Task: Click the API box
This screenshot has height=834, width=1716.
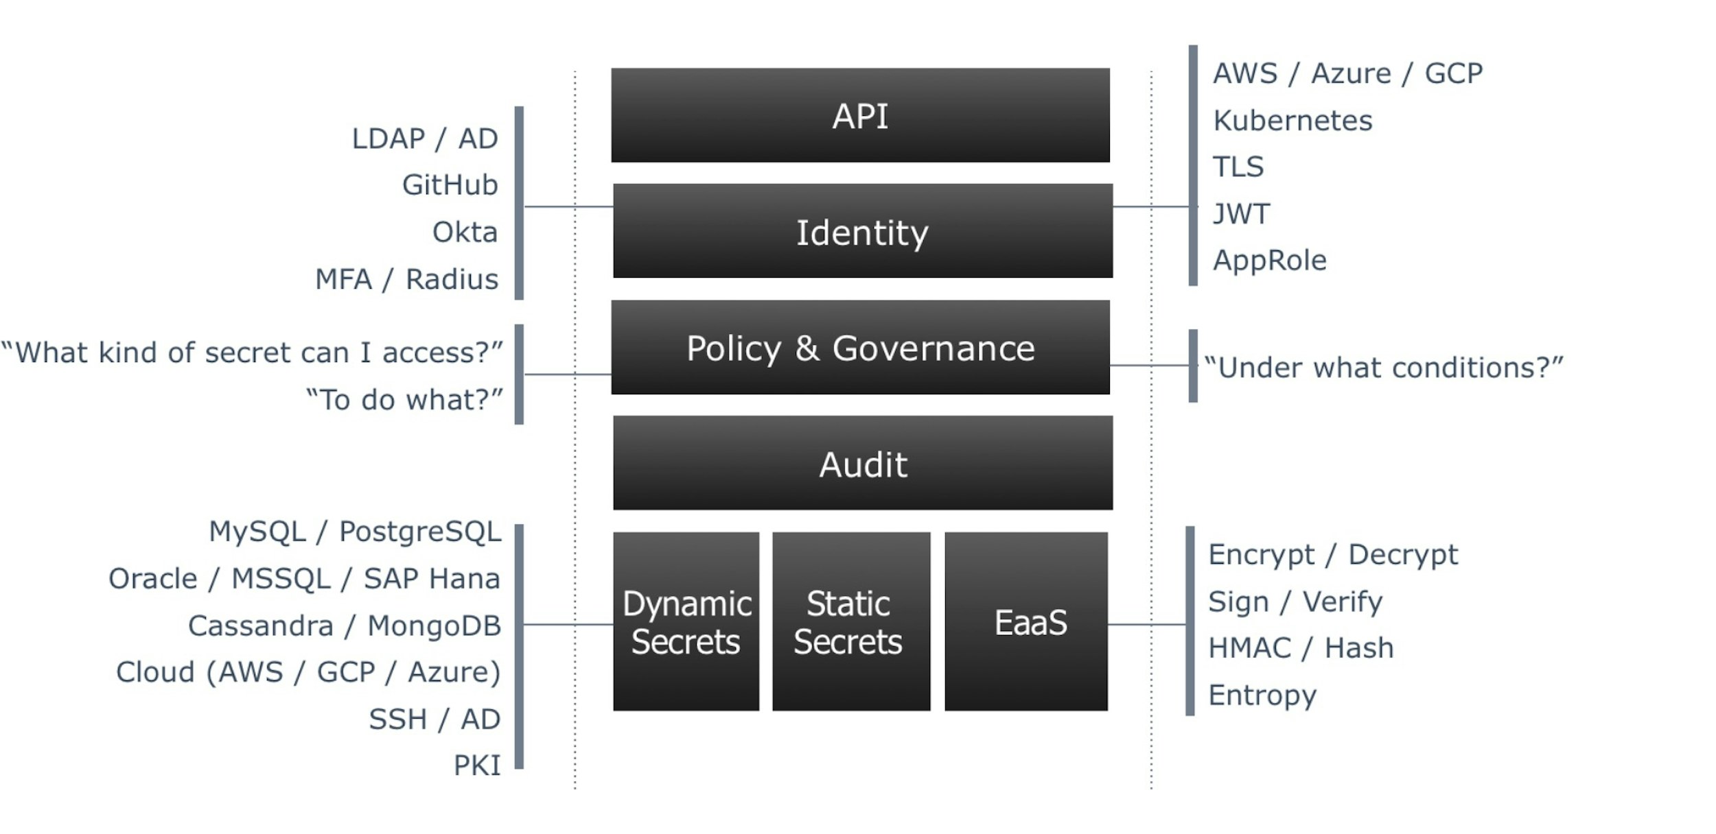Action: click(860, 115)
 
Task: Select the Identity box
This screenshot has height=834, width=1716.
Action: click(862, 231)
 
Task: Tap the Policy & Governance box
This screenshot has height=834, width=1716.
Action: click(860, 348)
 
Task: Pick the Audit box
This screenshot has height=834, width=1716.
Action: click(862, 464)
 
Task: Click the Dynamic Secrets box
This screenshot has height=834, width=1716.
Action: click(686, 622)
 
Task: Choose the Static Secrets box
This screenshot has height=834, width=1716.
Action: click(850, 622)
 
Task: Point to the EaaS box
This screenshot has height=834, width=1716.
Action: click(1025, 622)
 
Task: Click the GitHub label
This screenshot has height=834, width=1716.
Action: click(450, 185)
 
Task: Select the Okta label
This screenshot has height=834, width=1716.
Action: click(465, 233)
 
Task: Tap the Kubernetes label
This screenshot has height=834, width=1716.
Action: click(1292, 121)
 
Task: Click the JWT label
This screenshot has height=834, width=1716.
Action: click(1241, 214)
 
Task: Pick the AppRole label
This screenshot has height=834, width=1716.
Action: click(1269, 261)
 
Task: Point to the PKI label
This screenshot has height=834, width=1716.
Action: click(477, 765)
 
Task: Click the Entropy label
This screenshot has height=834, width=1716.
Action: click(1262, 695)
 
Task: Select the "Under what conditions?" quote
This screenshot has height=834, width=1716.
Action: click(1383, 368)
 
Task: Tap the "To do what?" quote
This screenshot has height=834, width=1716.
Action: click(404, 400)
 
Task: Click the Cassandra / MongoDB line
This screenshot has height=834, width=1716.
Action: click(345, 625)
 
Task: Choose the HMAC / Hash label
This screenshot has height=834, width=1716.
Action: click(1301, 648)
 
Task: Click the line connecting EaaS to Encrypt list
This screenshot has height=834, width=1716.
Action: click(1146, 624)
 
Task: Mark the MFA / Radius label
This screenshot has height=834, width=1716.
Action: click(406, 280)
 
